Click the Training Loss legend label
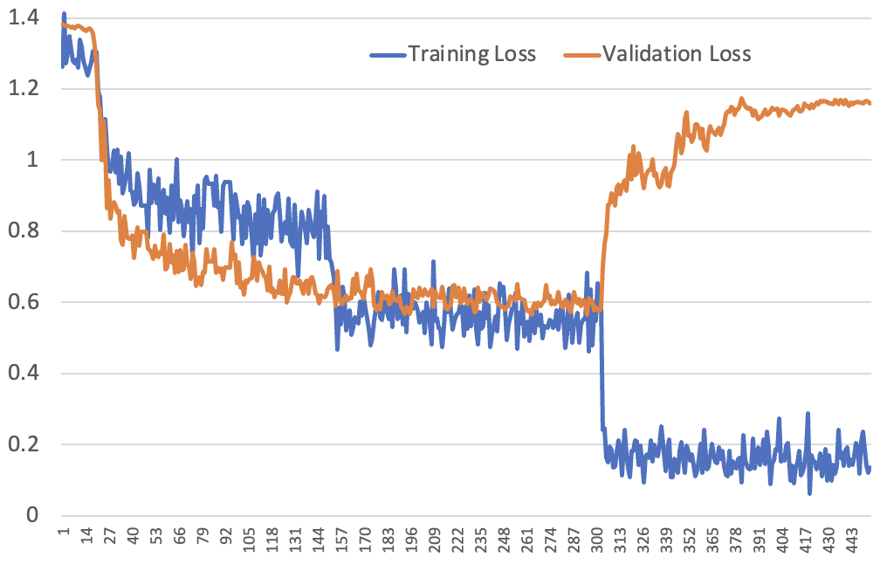click(472, 54)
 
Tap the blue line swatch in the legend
click(387, 55)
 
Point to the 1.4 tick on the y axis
click(24, 17)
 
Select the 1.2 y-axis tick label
click(24, 89)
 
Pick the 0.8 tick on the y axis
click(24, 231)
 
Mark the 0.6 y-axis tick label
click(24, 303)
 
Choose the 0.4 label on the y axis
click(24, 374)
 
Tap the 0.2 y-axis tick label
click(24, 445)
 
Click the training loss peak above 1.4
click(64, 14)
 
